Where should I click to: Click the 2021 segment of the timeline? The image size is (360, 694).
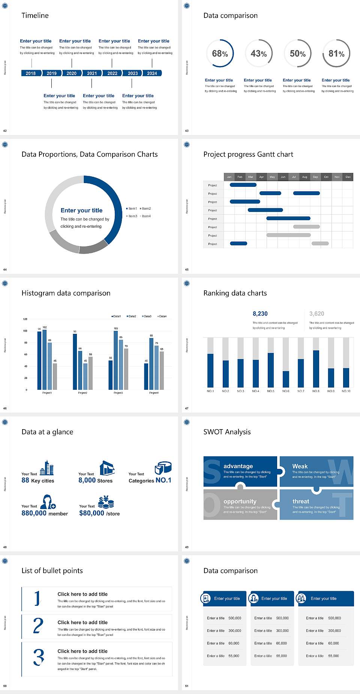click(92, 73)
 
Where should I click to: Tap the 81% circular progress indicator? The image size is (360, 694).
click(336, 54)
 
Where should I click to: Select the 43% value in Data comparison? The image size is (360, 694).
click(259, 54)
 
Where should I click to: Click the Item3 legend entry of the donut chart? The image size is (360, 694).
click(132, 216)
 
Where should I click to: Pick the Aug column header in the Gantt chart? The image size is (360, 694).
click(304, 177)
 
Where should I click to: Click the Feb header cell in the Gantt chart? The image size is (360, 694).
click(240, 177)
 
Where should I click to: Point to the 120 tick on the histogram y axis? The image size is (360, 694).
click(25, 319)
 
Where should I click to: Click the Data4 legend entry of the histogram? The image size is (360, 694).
click(162, 316)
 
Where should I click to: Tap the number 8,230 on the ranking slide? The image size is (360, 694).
click(260, 314)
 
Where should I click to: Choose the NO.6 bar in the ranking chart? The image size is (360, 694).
click(286, 379)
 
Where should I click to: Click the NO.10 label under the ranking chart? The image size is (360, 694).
click(346, 391)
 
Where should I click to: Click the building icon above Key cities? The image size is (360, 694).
click(47, 468)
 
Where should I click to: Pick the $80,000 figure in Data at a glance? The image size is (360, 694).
click(91, 513)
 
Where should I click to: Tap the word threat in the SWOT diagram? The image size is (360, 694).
click(301, 501)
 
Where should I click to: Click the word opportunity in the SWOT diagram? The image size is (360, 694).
click(240, 501)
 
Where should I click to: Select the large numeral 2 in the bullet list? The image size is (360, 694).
click(38, 625)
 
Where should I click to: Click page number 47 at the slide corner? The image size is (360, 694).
click(187, 408)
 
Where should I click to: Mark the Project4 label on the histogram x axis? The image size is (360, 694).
click(154, 393)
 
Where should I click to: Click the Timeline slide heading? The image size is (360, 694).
click(35, 15)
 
